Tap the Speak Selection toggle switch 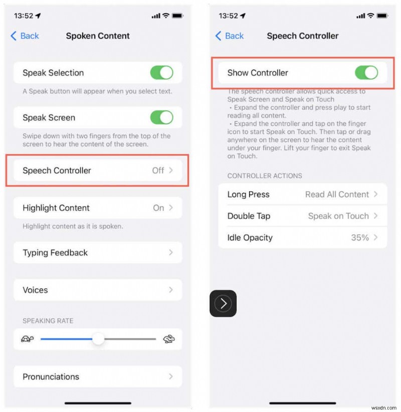161,73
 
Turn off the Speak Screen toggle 161,118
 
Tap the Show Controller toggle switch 366,73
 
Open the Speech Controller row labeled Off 97,170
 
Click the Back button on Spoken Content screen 25,36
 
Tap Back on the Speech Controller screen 230,36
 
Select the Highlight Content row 97,208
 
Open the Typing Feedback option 97,253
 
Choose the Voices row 97,290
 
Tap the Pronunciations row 97,376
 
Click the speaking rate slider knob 98,339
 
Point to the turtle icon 27,339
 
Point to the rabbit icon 169,339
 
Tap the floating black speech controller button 223,303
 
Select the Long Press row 302,194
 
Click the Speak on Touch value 338,216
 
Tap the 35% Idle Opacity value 360,237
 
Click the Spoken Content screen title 98,36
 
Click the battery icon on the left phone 177,16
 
